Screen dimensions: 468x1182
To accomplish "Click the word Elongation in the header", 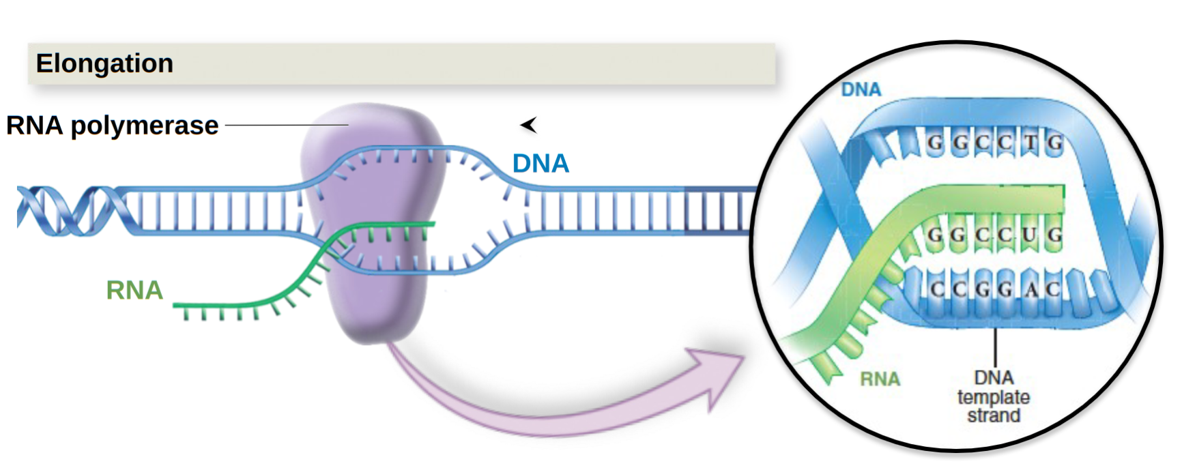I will (104, 63).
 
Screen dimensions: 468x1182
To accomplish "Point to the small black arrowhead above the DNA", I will (529, 125).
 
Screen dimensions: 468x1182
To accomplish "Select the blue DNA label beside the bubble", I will (540, 164).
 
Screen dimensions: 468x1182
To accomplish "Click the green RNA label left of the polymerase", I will (134, 291).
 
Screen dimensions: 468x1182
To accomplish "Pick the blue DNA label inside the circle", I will (861, 89).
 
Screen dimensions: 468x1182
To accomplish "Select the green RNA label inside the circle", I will (880, 379).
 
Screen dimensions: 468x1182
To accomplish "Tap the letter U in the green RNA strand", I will (1029, 235).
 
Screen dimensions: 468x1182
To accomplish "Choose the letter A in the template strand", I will (1032, 289).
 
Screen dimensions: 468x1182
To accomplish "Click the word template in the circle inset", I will (993, 397).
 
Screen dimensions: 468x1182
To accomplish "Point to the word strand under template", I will (993, 415).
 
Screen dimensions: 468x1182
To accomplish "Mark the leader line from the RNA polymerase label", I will (287, 126).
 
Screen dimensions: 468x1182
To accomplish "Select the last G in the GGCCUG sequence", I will (1054, 235).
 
